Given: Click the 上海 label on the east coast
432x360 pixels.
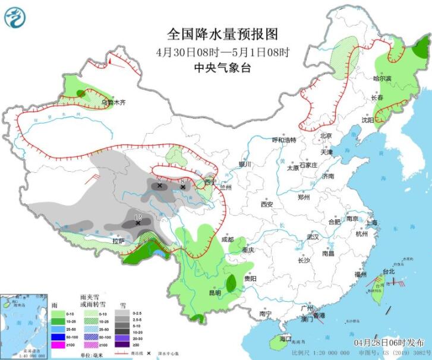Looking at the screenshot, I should click(372, 222).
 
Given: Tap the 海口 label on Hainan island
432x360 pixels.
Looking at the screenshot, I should click(285, 338).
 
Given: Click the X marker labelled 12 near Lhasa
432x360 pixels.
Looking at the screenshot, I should click(138, 223).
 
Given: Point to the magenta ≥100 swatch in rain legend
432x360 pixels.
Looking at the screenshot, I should click(57, 345).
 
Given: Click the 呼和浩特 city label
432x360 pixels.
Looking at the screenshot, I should click(283, 140).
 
